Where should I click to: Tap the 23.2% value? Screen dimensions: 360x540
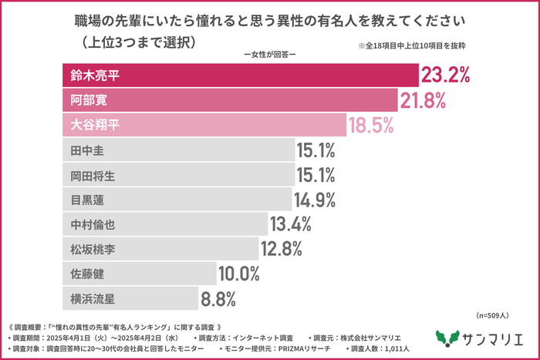(x=444, y=76)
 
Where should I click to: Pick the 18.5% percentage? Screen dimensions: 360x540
(x=372, y=125)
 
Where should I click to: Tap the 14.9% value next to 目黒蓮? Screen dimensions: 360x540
(x=315, y=200)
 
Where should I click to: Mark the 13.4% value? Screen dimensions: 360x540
(x=290, y=224)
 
